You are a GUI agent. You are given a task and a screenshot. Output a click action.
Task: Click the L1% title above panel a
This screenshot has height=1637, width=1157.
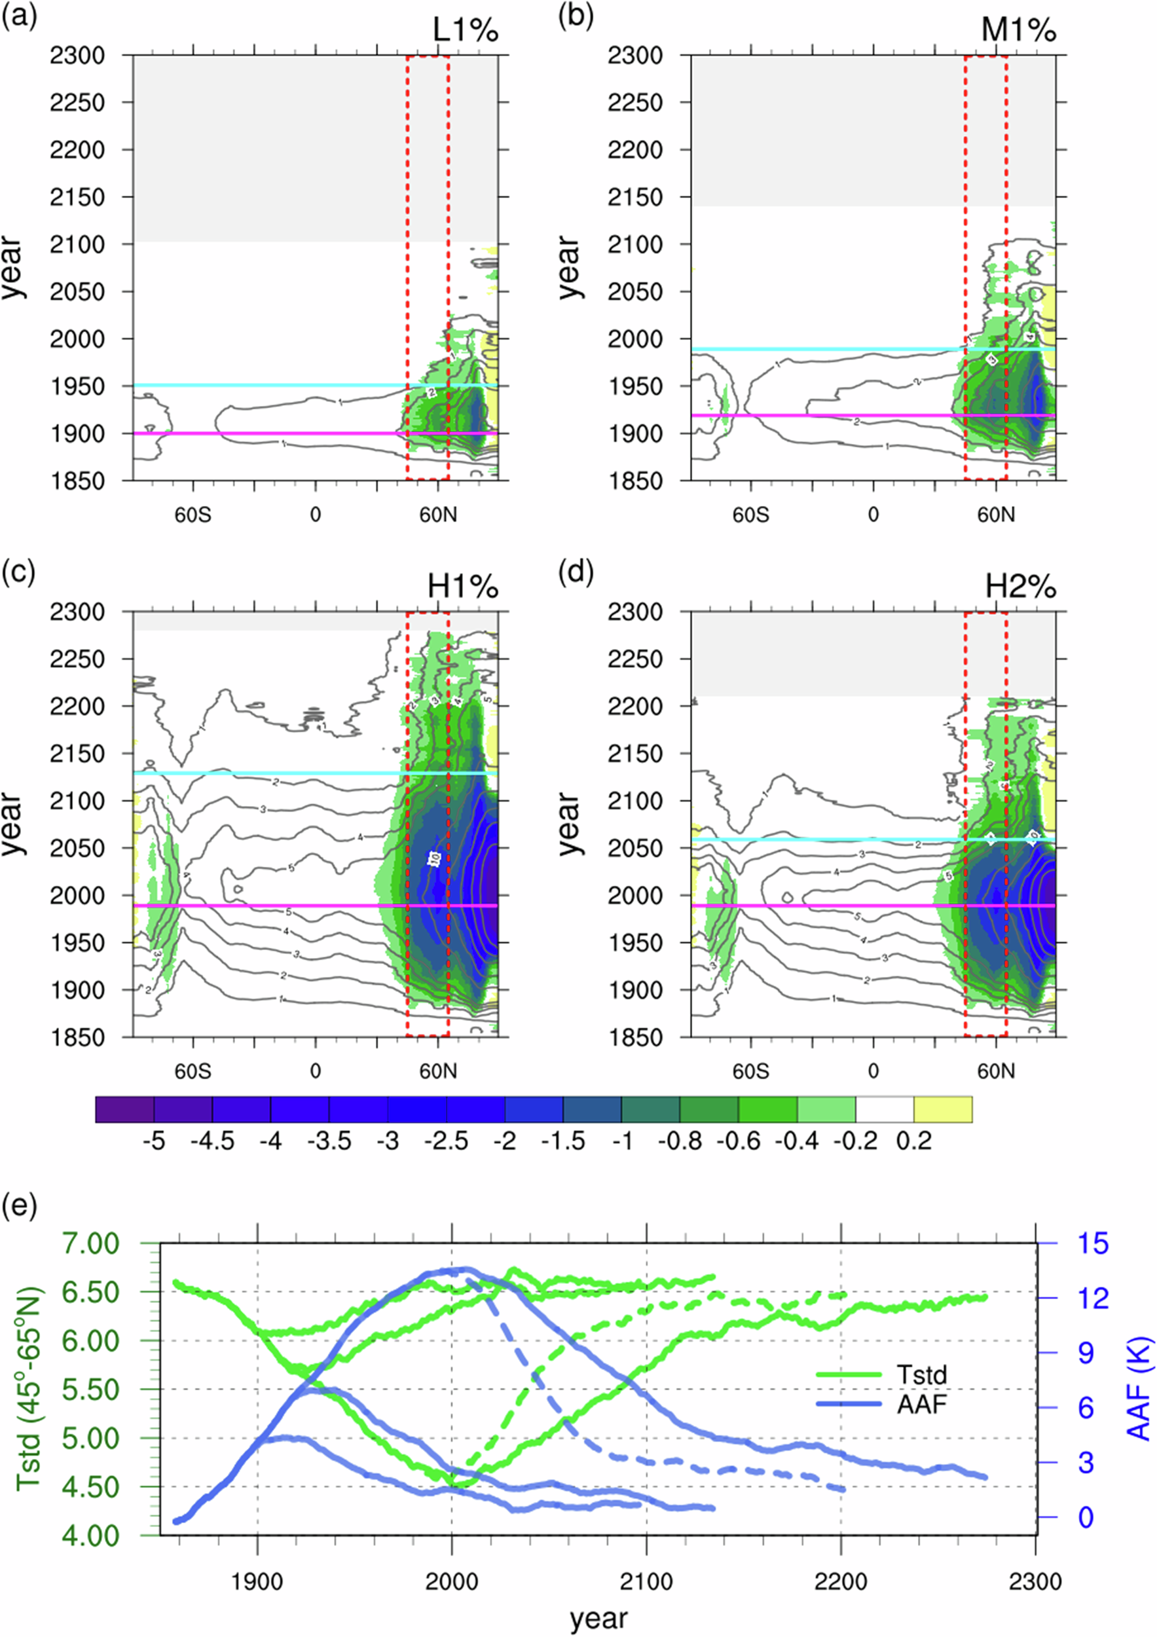pyautogui.click(x=465, y=31)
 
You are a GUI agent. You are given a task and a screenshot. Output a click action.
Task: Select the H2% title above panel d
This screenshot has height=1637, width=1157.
pyautogui.click(x=1020, y=588)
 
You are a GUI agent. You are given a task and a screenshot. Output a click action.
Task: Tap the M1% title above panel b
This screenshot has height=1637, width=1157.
pyautogui.click(x=1020, y=31)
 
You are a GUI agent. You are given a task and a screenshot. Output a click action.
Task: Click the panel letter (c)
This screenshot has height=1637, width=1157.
pyautogui.click(x=18, y=572)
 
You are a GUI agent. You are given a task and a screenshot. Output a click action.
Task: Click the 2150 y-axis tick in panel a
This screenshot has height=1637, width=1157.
pyautogui.click(x=78, y=198)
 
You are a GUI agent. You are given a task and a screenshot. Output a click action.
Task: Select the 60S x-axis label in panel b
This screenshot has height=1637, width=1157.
pyautogui.click(x=750, y=515)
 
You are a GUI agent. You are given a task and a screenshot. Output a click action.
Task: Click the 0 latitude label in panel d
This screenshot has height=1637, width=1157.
pyautogui.click(x=873, y=1072)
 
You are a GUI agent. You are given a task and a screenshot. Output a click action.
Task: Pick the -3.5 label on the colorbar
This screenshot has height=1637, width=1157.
pyautogui.click(x=329, y=1141)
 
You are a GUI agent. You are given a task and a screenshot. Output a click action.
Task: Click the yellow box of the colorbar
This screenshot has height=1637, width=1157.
pyautogui.click(x=942, y=1109)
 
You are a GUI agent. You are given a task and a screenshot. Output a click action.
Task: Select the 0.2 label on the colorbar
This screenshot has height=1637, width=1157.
pyautogui.click(x=914, y=1141)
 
